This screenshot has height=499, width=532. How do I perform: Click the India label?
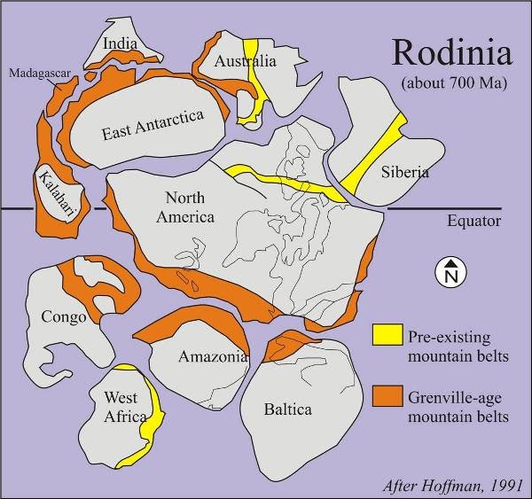pos(120,43)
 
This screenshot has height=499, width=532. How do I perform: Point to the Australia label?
pos(246,61)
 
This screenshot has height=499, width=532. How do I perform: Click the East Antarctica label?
pos(153,125)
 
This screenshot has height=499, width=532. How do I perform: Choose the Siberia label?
pos(404,172)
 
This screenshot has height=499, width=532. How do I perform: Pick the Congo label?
pos(64,316)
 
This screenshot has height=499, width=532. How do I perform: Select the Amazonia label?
pos(212,357)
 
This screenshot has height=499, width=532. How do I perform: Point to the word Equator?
pos(474,222)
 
